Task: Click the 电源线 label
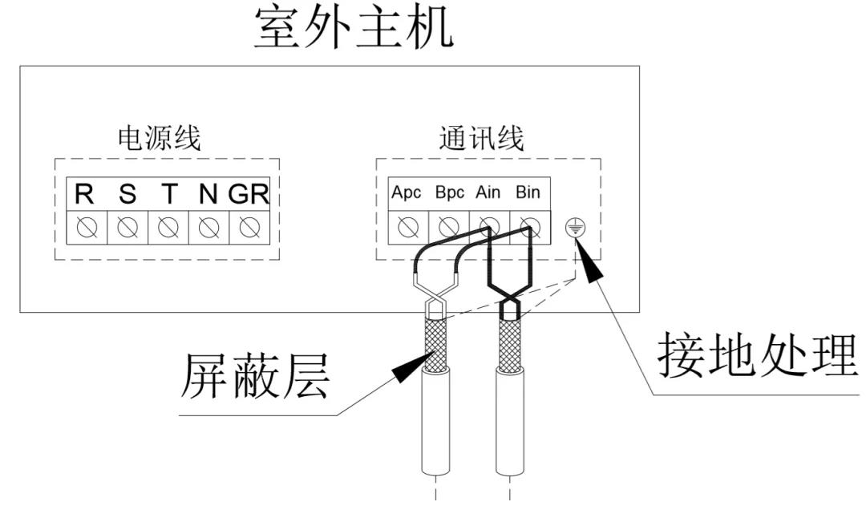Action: [159, 138]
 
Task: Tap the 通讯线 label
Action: [481, 138]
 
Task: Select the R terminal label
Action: [84, 195]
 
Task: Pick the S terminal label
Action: [127, 195]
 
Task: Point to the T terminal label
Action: [168, 195]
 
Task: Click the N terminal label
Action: [208, 195]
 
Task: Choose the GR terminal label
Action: [248, 195]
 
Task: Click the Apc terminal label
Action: [407, 193]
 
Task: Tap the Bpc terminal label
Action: [449, 193]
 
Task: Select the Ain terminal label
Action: [488, 193]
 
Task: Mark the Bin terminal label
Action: [528, 193]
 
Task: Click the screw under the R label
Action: [86, 228]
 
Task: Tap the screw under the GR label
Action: [249, 228]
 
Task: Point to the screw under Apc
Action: [408, 228]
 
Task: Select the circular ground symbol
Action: [573, 229]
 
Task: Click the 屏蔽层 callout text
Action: [255, 375]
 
